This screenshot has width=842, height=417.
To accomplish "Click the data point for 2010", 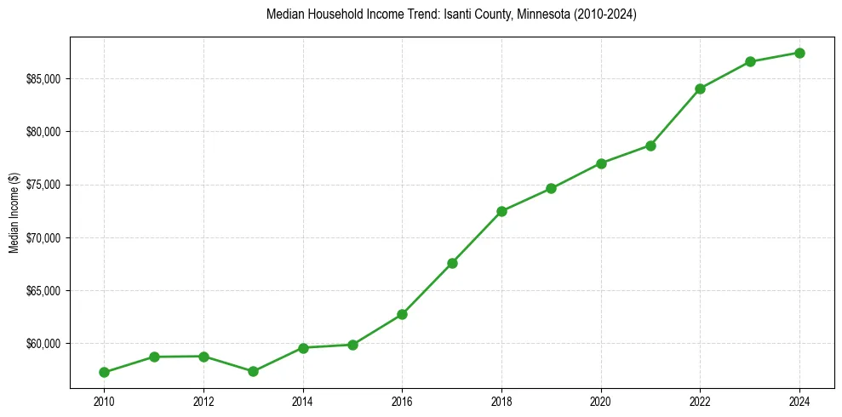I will tap(104, 372).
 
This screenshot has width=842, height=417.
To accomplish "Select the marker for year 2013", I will tap(253, 371).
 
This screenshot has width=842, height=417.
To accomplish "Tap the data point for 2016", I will tap(402, 314).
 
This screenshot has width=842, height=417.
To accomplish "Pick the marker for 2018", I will tap(501, 211).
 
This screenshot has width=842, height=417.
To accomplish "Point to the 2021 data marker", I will tap(650, 146).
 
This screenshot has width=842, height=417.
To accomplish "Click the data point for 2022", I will tap(700, 89).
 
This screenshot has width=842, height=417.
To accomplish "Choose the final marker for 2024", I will tap(799, 53).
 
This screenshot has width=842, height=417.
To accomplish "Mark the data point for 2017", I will tap(452, 263).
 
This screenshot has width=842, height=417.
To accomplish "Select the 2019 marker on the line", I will tap(551, 188).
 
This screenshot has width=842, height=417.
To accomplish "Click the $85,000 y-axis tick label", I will tap(43, 79).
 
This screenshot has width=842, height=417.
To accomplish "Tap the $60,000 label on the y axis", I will tap(43, 344).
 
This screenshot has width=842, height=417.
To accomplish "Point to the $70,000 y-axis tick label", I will tap(43, 237).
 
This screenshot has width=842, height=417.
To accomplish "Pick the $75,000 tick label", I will tap(43, 185).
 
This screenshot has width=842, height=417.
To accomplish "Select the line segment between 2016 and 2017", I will tap(427, 288).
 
